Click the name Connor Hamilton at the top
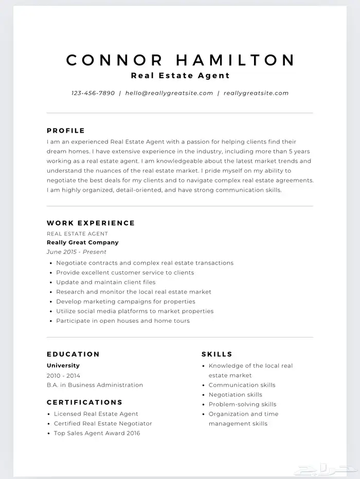click(180, 60)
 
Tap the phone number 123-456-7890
click(93, 94)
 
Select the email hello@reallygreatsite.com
click(169, 94)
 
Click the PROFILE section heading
click(66, 131)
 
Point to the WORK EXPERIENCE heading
click(91, 223)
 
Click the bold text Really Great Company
click(82, 243)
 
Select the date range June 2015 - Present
click(76, 252)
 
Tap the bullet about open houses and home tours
click(122, 321)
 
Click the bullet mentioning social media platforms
click(134, 311)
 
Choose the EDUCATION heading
click(73, 354)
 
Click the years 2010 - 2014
click(63, 376)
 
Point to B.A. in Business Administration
click(95, 385)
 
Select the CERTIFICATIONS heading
click(84, 402)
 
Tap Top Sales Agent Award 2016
click(97, 433)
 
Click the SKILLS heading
click(217, 354)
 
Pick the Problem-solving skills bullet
click(242, 404)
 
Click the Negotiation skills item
click(235, 395)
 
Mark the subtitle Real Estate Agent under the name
click(180, 76)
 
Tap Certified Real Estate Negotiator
click(103, 423)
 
